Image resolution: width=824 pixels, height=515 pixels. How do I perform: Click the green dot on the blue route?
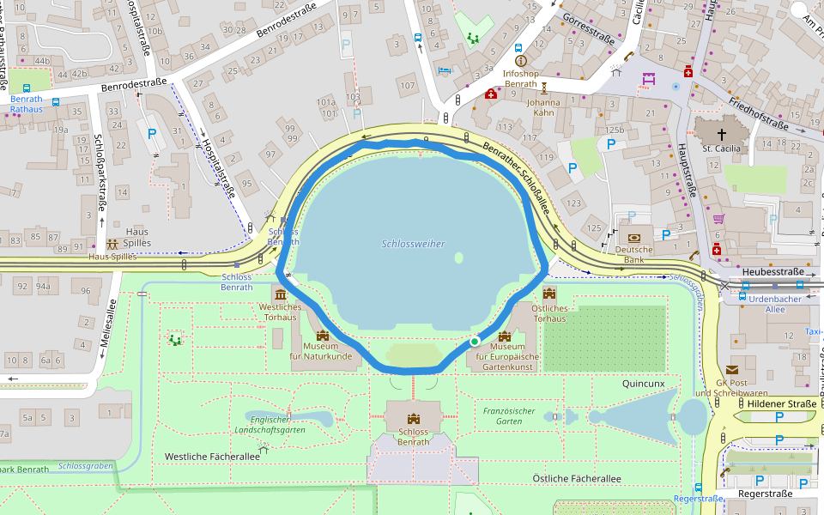pos(474,342)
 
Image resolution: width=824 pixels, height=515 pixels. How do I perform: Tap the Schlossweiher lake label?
pos(413,244)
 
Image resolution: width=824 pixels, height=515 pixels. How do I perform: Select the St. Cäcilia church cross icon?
pos(721,134)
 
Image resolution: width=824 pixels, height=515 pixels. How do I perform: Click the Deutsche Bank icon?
pos(634,238)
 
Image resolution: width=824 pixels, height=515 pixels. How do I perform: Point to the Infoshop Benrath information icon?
pos(520,61)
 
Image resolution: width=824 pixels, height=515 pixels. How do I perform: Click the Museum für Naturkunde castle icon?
pos(323,336)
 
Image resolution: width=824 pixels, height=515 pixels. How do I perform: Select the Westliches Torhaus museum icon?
pos(279,294)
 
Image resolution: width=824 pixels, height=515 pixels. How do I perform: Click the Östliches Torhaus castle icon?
pos(549,294)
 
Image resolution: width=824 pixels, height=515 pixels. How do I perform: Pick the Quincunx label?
pos(643,384)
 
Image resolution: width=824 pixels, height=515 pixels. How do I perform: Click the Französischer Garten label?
pos(510,416)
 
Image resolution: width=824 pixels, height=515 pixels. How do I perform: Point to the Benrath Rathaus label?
pos(26,104)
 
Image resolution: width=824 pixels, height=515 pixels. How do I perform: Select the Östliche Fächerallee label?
pos(576,478)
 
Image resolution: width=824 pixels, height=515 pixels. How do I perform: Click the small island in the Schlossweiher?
pos(458,257)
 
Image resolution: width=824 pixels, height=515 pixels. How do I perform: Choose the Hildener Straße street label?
pos(781,403)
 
